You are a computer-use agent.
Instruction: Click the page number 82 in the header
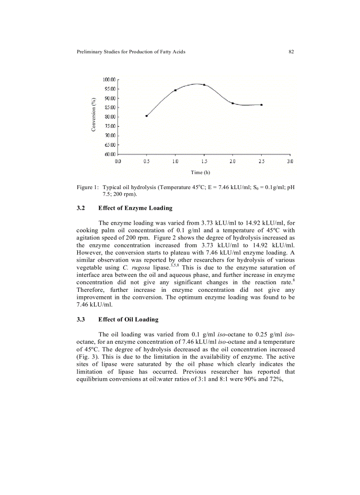tap(291, 52)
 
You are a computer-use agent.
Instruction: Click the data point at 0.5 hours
tap(146, 116)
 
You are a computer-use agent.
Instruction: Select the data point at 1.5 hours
tap(204, 85)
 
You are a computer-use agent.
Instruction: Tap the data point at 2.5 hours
tap(262, 105)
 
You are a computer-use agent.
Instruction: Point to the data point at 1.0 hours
tap(176, 90)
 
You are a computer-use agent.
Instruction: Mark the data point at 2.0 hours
tap(233, 103)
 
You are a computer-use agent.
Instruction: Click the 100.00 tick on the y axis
tap(109, 80)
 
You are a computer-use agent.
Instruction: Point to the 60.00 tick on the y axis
tap(109, 154)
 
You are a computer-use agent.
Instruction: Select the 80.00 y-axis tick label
tap(109, 117)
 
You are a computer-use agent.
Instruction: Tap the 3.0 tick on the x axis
tap(290, 162)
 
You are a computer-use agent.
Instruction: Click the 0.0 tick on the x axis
tap(118, 162)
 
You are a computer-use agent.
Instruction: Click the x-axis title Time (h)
tap(203, 172)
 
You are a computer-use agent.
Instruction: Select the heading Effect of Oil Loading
tap(128, 320)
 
